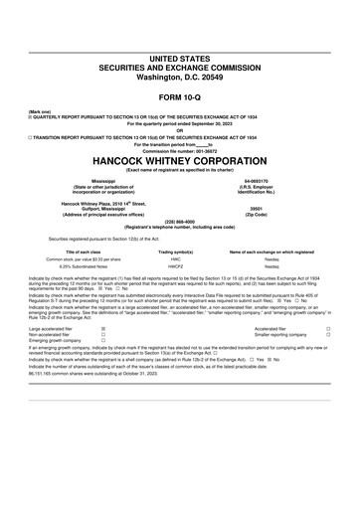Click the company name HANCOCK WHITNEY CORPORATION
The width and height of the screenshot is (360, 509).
pos(179,159)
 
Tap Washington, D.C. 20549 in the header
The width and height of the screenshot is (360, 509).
pos(179,48)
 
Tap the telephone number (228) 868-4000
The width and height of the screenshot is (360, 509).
pos(179,222)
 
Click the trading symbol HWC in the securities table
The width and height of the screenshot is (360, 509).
pos(175,259)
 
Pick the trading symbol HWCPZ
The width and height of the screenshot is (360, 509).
pos(175,267)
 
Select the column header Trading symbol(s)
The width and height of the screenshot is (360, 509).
pos(175,252)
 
